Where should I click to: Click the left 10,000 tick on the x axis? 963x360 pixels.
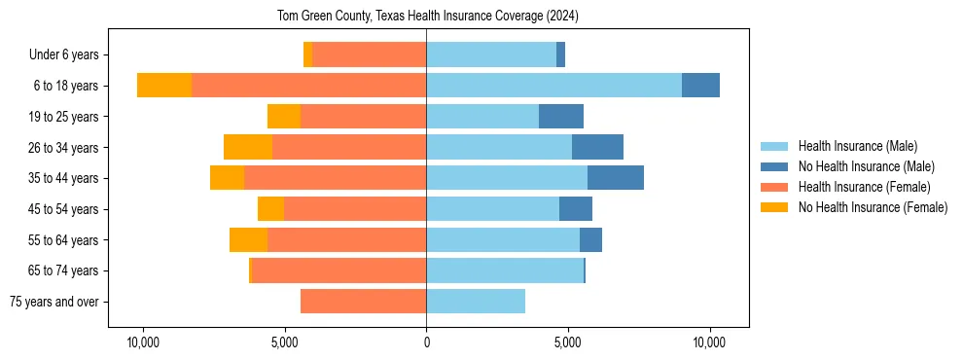click(x=143, y=342)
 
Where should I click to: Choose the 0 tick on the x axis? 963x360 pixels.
click(x=426, y=342)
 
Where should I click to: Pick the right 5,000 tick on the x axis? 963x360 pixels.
click(x=568, y=342)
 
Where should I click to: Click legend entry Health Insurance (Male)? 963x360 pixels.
click(x=857, y=146)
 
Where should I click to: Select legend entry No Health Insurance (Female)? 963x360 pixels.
click(x=873, y=207)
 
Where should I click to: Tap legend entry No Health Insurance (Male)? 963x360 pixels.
click(x=866, y=166)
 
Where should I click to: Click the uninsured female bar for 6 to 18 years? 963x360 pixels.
click(x=164, y=86)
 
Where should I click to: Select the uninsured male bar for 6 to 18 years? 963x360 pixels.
click(x=700, y=86)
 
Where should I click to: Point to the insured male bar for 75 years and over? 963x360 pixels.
click(x=476, y=302)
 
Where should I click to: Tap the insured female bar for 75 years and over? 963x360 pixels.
click(x=363, y=302)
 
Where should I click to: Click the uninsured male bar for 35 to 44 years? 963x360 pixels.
click(x=616, y=178)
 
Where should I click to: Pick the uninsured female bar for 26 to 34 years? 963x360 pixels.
click(x=248, y=147)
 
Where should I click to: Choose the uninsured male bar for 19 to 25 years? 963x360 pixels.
click(x=561, y=117)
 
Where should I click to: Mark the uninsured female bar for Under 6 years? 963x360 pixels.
click(x=308, y=55)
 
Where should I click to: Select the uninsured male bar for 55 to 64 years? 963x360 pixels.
click(x=590, y=239)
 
